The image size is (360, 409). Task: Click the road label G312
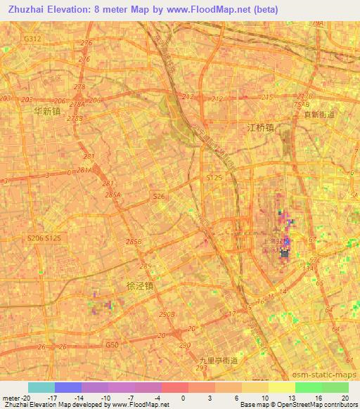(32, 39)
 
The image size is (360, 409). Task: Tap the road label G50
(110, 345)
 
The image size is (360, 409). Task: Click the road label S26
(160, 197)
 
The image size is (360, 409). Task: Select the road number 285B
(134, 241)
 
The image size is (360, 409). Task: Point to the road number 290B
(167, 314)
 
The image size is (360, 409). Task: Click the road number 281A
(84, 169)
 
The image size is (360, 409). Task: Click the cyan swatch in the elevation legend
(41, 387)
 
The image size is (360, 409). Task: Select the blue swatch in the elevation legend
(68, 387)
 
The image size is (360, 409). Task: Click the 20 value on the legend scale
(345, 398)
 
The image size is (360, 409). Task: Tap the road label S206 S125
(44, 239)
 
